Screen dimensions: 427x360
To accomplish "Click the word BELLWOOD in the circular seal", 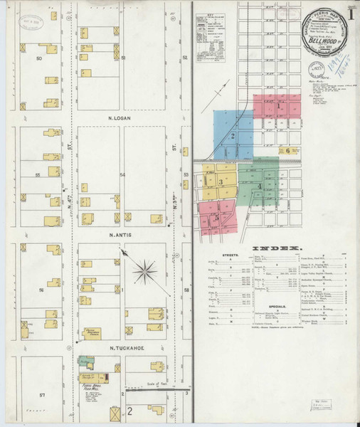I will pyautogui.click(x=322, y=41).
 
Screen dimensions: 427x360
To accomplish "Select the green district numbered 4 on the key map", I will pyautogui.click(x=260, y=186).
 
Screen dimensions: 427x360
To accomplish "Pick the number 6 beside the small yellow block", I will pyautogui.click(x=287, y=150).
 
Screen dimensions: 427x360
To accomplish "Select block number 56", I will pyautogui.click(x=41, y=290).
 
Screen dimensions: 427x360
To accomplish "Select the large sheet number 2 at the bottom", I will pyautogui.click(x=129, y=411).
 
